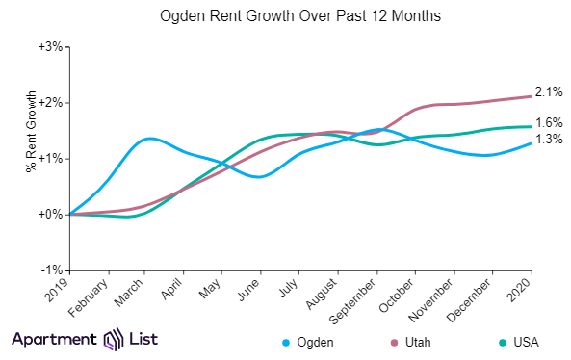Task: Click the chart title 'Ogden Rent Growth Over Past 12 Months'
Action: point(286,17)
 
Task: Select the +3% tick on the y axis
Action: point(50,46)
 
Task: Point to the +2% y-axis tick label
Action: point(50,102)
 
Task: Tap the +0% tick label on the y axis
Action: point(50,214)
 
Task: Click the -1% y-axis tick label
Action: point(51,270)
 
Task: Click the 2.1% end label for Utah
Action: point(550,91)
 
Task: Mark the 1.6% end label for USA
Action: point(550,122)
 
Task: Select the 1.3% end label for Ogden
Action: point(550,140)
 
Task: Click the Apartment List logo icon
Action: point(114,340)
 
